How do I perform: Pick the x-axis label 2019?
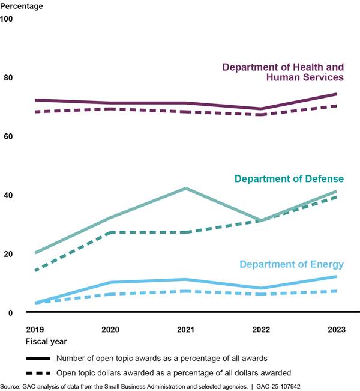pos(35,329)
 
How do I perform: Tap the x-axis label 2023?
pos(336,329)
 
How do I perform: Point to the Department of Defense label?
pos(289,179)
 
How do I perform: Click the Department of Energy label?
pos(292,264)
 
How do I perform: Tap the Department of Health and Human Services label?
pos(283,72)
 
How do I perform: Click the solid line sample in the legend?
pos(38,358)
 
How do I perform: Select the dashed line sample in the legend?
pos(38,372)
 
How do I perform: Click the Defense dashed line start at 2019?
pos(35,271)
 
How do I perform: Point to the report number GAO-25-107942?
pos(328,386)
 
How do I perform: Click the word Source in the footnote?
pos(11,386)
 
